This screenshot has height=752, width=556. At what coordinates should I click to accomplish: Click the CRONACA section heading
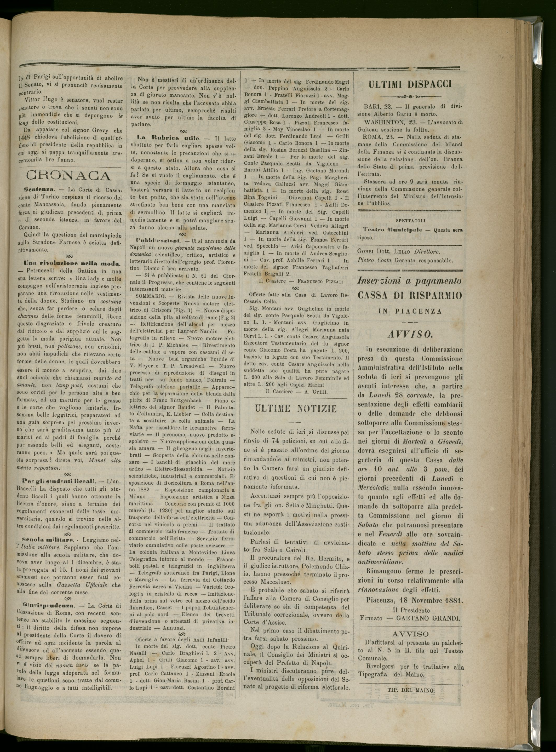pos(68,176)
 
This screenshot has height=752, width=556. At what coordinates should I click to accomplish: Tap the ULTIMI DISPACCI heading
pos(410,84)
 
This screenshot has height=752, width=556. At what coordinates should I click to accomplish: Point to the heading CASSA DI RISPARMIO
pos(410,295)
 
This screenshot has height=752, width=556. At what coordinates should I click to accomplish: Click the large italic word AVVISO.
pos(410,335)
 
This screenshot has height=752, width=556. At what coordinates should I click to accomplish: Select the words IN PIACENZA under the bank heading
pos(410,312)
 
